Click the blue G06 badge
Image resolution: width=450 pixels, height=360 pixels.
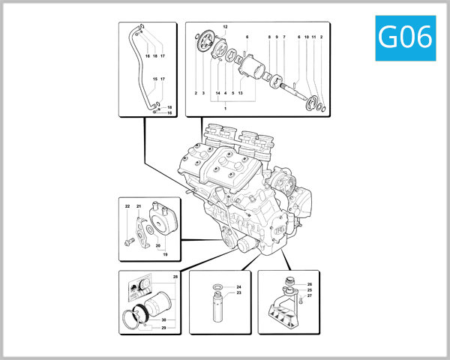405,36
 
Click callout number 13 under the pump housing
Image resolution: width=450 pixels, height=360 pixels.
240,93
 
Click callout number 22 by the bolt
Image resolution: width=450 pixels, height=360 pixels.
127,206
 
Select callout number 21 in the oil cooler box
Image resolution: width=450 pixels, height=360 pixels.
139,206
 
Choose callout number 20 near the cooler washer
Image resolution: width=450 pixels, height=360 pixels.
158,245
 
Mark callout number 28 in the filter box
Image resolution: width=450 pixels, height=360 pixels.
175,277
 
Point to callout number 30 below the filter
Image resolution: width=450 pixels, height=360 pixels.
163,320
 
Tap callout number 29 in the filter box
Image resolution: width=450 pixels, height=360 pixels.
163,328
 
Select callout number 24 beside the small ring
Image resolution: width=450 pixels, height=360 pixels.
238,287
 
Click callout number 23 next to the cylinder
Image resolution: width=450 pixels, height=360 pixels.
238,293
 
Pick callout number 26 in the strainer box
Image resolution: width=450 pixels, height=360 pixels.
309,284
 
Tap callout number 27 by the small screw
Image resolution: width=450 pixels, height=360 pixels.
309,296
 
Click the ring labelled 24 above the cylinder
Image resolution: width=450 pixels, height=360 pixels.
217,287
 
